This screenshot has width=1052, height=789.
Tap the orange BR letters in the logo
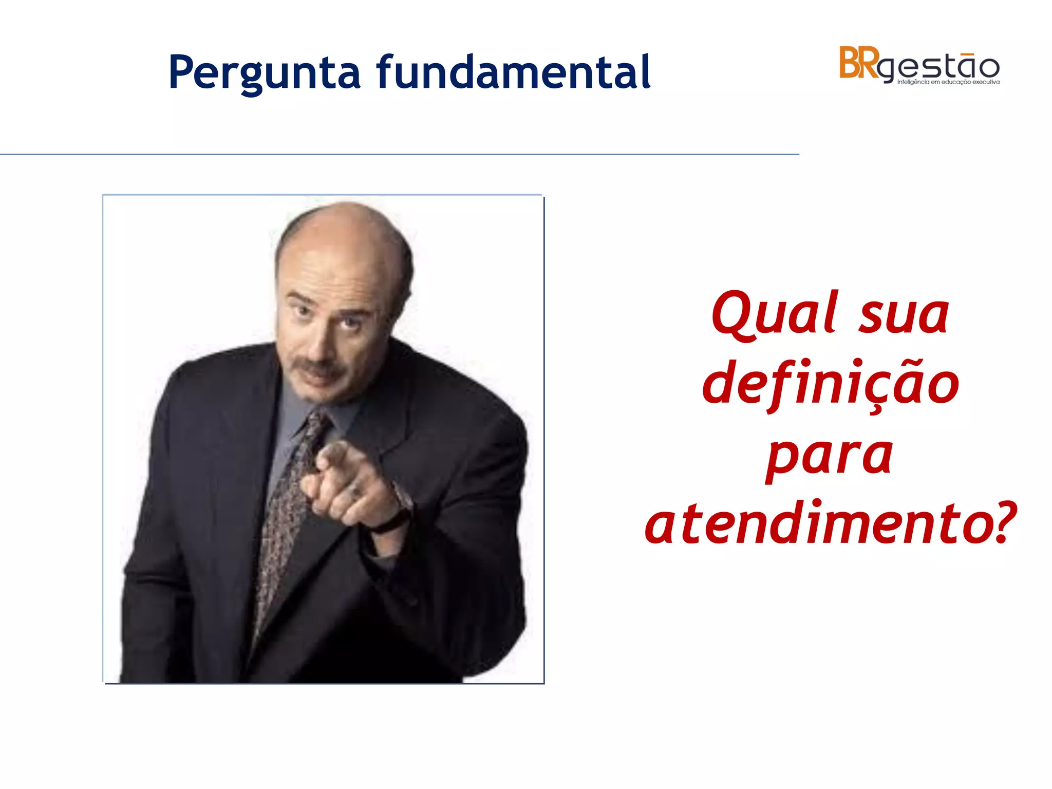[859, 63]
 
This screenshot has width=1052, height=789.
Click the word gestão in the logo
[940, 67]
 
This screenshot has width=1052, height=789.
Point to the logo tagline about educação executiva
[948, 82]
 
